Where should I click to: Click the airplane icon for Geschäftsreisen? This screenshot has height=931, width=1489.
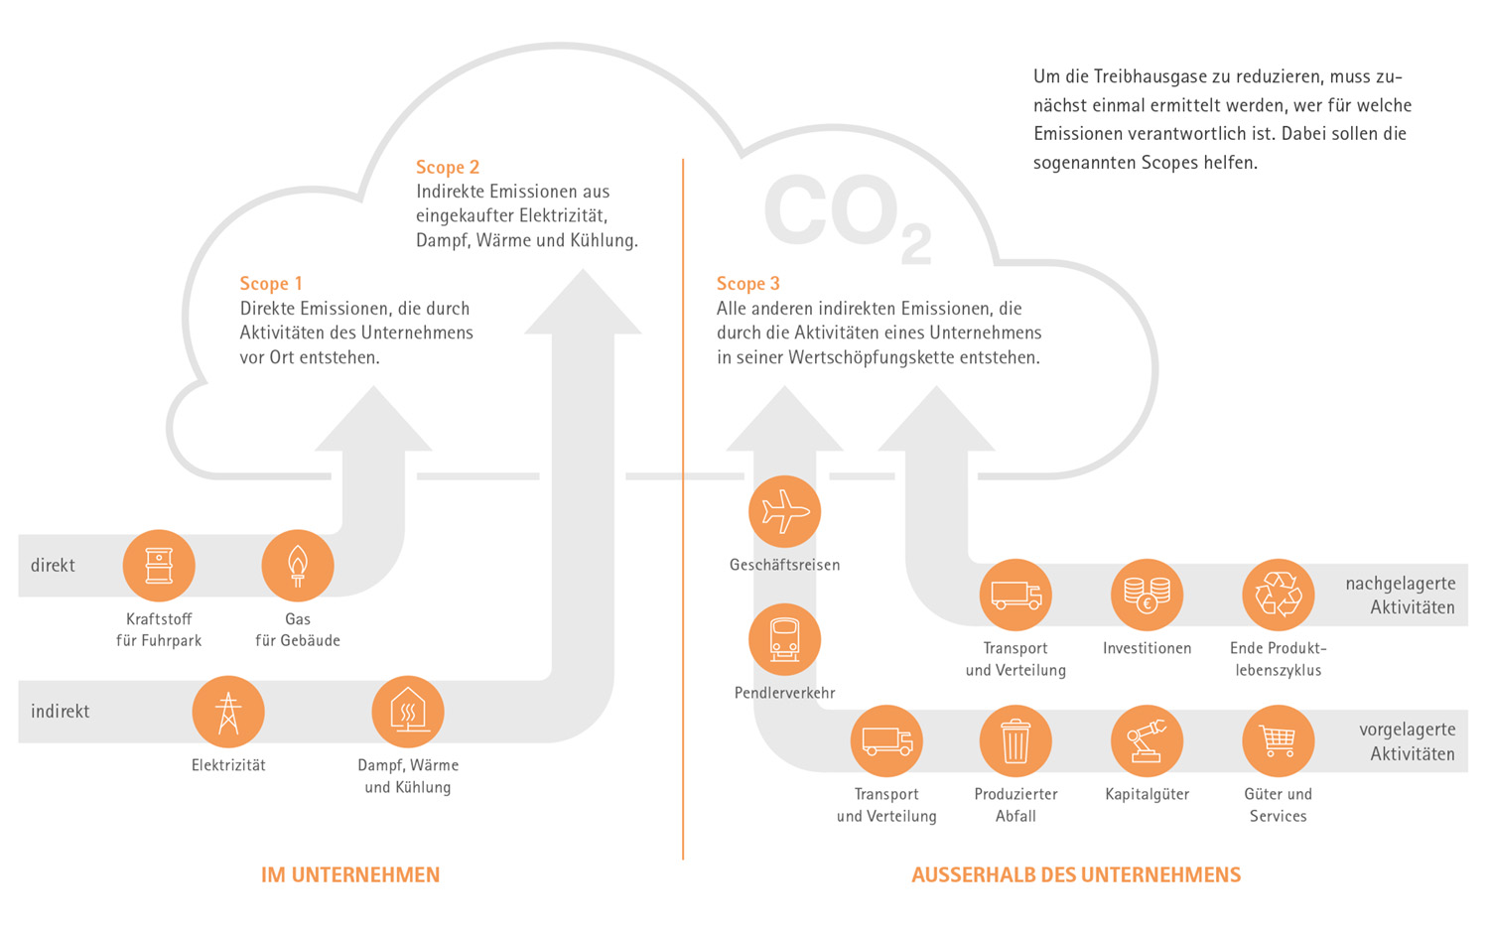pos(784,512)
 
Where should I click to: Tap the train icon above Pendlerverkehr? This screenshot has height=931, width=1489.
pos(784,640)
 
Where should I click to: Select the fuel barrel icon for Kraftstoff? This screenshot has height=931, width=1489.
pos(159,566)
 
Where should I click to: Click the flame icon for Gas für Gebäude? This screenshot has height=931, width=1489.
pos(297,566)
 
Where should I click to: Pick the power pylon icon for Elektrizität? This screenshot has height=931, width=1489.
pos(228,712)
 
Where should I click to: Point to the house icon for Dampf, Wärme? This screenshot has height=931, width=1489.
pos(407,712)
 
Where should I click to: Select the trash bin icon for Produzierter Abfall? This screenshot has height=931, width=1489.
pos(1015,741)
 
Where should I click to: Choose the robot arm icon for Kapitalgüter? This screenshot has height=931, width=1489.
pos(1147,741)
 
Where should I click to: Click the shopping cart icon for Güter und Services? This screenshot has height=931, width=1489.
pos(1278,741)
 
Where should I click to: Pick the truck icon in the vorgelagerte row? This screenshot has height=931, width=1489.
pos(886,741)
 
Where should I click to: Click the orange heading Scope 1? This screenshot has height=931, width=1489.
pos(271,284)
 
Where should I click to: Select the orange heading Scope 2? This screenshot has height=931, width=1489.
pos(448,168)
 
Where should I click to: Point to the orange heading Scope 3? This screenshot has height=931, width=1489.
pos(748,284)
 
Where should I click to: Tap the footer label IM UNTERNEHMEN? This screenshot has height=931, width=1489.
pos(350,875)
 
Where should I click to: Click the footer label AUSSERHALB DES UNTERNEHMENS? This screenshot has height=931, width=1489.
pos(1076,875)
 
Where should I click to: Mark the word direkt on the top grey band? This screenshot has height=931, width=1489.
pos(53,566)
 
